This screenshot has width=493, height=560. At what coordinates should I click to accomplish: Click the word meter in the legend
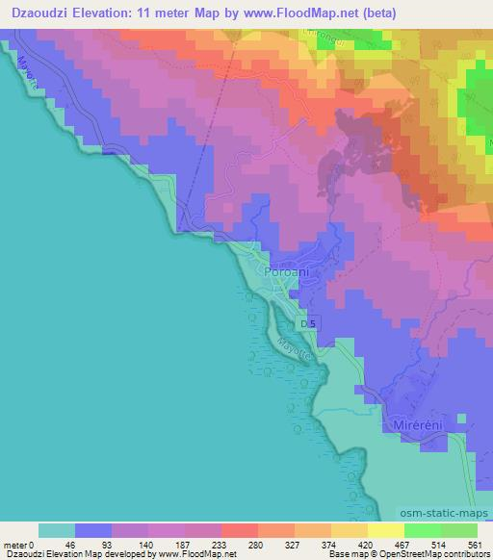[16, 544]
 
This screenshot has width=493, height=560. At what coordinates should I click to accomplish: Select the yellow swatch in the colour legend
[386, 530]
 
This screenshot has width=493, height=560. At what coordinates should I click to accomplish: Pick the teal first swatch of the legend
[57, 530]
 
